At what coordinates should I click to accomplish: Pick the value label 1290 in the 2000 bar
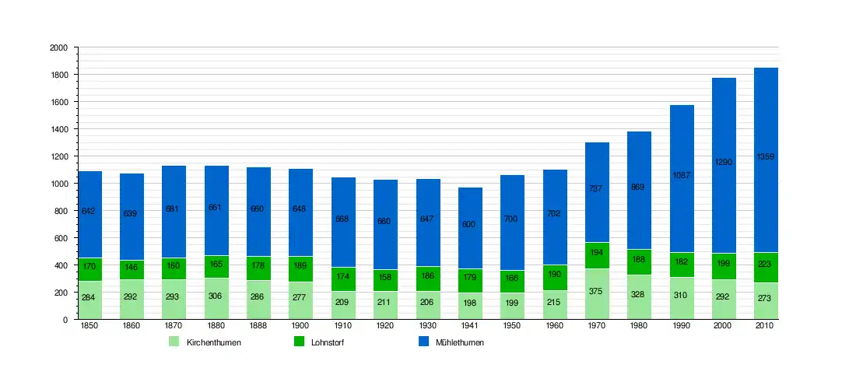click(x=724, y=163)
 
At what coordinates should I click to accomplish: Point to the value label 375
click(x=598, y=291)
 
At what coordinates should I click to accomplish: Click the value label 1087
click(x=682, y=176)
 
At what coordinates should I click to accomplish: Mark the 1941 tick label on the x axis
click(x=471, y=326)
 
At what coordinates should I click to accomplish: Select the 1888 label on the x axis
click(x=259, y=326)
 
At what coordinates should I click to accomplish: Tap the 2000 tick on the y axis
click(x=59, y=47)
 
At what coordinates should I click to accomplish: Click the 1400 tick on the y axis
click(x=59, y=129)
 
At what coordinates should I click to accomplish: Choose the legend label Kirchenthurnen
click(x=214, y=342)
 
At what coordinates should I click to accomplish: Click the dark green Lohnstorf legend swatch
click(x=300, y=342)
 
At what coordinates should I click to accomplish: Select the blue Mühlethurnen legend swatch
click(x=424, y=342)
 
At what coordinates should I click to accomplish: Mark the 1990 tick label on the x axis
click(x=682, y=326)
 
